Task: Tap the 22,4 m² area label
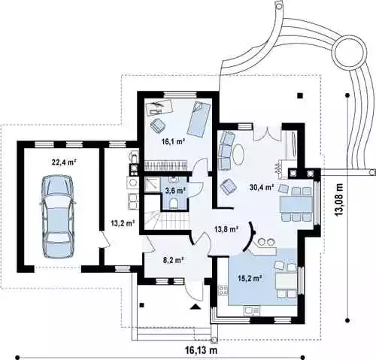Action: pos(64,162)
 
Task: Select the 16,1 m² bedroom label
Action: pos(173,141)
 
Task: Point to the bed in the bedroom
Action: pos(199,119)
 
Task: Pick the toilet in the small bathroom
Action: pos(174,203)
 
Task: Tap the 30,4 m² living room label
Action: pos(262,186)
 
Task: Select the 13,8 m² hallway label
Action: pos(226,228)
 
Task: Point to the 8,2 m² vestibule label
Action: pos(174,260)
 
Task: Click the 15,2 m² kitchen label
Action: pos(250,278)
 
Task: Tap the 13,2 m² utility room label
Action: pos(123,222)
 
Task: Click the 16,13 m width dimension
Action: pos(201,350)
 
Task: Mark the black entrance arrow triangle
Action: pos(196,307)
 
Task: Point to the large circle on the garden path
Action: pos(348,51)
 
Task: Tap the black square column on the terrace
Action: pos(300,95)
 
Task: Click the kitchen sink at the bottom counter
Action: pos(252,311)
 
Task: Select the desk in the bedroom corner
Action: pos(159,107)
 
